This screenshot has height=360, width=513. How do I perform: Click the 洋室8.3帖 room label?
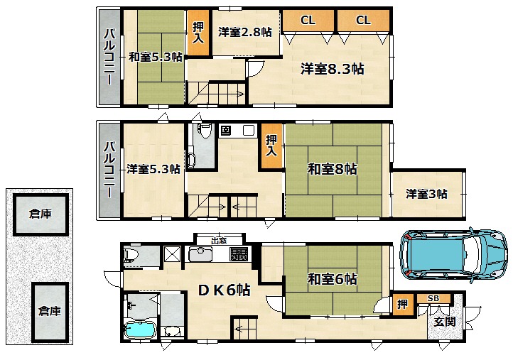[332, 69]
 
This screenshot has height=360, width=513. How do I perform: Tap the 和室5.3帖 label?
[156, 57]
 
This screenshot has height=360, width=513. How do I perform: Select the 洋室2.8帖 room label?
[244, 32]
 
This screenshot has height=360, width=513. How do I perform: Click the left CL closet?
[308, 21]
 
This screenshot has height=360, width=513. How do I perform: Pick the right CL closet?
[363, 21]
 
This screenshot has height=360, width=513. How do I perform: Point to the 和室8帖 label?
[332, 169]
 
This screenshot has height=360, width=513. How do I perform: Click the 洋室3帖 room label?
[426, 194]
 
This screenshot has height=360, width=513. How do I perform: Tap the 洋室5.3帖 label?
[153, 169]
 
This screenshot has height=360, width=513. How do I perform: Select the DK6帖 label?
[225, 290]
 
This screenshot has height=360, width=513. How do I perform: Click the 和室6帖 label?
[332, 279]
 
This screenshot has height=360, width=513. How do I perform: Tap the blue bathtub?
[141, 329]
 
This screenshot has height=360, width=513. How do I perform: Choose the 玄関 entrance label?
[445, 322]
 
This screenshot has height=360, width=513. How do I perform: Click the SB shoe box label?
[433, 298]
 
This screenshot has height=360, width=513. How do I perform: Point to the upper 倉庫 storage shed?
[40, 214]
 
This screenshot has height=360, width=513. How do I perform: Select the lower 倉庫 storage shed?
[50, 312]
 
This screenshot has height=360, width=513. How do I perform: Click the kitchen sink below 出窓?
[200, 254]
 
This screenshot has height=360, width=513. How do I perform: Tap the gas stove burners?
[239, 254]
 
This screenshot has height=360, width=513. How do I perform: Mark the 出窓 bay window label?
[219, 241]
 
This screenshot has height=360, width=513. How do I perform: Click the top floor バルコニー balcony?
[109, 58]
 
